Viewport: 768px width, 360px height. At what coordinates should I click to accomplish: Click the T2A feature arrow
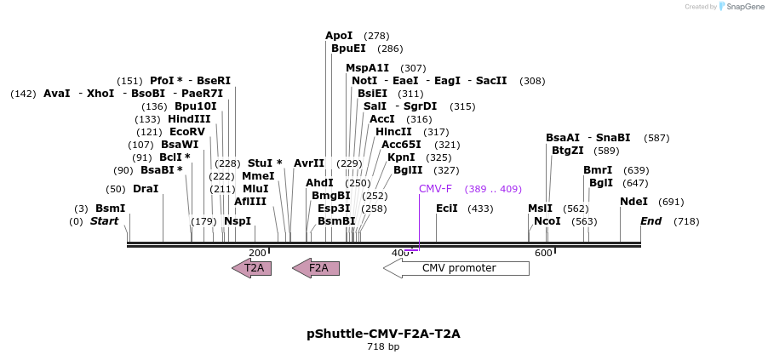tap(252, 268)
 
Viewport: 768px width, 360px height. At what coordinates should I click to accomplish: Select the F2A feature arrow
tap(316, 268)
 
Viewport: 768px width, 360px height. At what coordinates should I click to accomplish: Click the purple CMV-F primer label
tap(435, 189)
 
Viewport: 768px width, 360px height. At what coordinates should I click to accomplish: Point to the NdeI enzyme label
tap(633, 202)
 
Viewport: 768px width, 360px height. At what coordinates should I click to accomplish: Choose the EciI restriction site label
tap(447, 208)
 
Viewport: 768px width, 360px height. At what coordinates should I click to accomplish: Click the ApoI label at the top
tap(339, 36)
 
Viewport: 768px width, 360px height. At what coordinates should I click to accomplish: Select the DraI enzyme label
tap(146, 189)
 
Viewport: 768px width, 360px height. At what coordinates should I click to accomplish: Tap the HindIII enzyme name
tap(189, 119)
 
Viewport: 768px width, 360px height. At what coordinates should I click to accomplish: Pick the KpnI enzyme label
tap(401, 157)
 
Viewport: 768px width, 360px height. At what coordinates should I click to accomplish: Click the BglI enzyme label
tap(601, 182)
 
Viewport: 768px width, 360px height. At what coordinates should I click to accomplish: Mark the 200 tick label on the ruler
tap(257, 253)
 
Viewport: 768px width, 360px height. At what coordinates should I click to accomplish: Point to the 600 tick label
tap(543, 253)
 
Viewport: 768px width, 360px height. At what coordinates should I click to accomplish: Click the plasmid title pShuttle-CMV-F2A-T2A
tap(383, 334)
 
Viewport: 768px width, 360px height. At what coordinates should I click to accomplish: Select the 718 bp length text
tap(383, 347)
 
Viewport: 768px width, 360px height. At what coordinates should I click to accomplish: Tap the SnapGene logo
tap(742, 7)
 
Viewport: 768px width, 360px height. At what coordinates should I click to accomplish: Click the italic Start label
tap(105, 221)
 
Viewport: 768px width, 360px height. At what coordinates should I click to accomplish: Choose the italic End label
tap(651, 221)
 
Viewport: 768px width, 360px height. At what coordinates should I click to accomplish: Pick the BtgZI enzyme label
tap(568, 151)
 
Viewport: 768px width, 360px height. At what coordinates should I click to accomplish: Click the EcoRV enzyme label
tap(187, 132)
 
